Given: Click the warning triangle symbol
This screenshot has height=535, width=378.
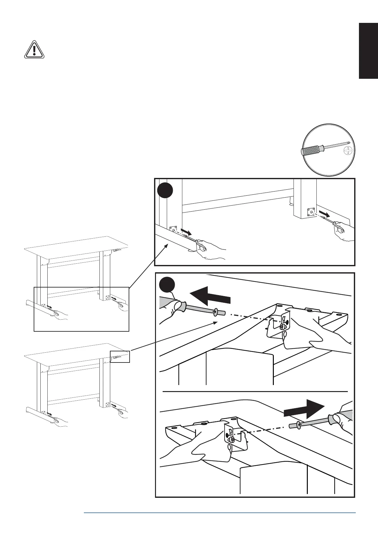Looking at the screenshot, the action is tap(34, 50).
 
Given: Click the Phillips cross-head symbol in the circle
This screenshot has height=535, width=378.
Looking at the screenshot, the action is tap(348, 152).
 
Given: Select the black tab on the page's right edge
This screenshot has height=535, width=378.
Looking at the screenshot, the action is tap(368, 51).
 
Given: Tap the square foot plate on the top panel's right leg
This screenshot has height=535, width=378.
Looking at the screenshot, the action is tap(310, 212).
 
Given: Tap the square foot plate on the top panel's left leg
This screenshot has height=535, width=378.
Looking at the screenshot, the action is tap(173, 230).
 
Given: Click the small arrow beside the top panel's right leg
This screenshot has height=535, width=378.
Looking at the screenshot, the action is tap(325, 213).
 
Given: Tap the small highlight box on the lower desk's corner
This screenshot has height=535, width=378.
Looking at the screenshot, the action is tap(120, 356).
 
